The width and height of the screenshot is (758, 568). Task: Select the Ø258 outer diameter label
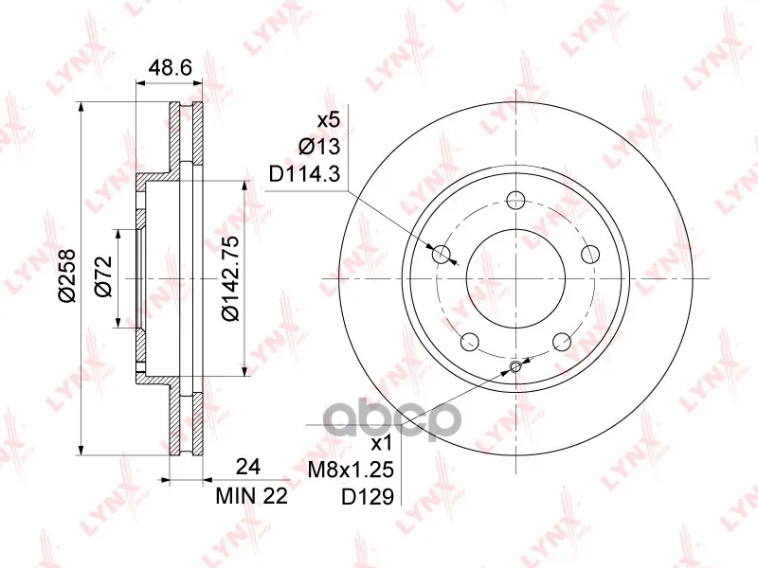pyautogui.click(x=67, y=275)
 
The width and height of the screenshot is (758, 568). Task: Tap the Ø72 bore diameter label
pyautogui.click(x=103, y=275)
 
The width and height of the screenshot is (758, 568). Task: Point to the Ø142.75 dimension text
pyautogui.click(x=230, y=278)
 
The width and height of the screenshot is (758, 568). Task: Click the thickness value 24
pyautogui.click(x=248, y=467)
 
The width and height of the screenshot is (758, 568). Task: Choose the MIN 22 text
pyautogui.click(x=252, y=495)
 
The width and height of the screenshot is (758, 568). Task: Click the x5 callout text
pyautogui.click(x=329, y=119)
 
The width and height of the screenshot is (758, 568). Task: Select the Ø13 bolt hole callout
pyautogui.click(x=319, y=147)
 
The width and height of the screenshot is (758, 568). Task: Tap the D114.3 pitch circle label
pyautogui.click(x=305, y=174)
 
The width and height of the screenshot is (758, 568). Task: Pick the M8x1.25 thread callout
pyautogui.click(x=351, y=469)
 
